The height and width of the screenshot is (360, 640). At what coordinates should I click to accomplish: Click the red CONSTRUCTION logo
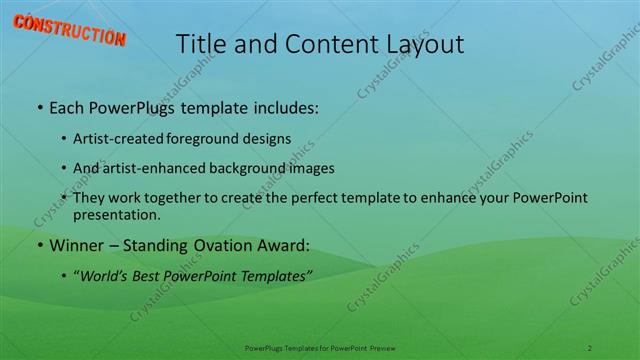pos(69,31)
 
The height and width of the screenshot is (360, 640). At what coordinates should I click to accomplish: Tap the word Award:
pos(283,244)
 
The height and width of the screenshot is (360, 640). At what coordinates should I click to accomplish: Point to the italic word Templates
pos(271,274)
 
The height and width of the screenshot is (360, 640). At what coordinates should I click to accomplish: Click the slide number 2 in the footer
pos(590,346)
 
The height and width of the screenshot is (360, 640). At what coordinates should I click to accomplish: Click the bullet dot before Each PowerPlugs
pos(38,106)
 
